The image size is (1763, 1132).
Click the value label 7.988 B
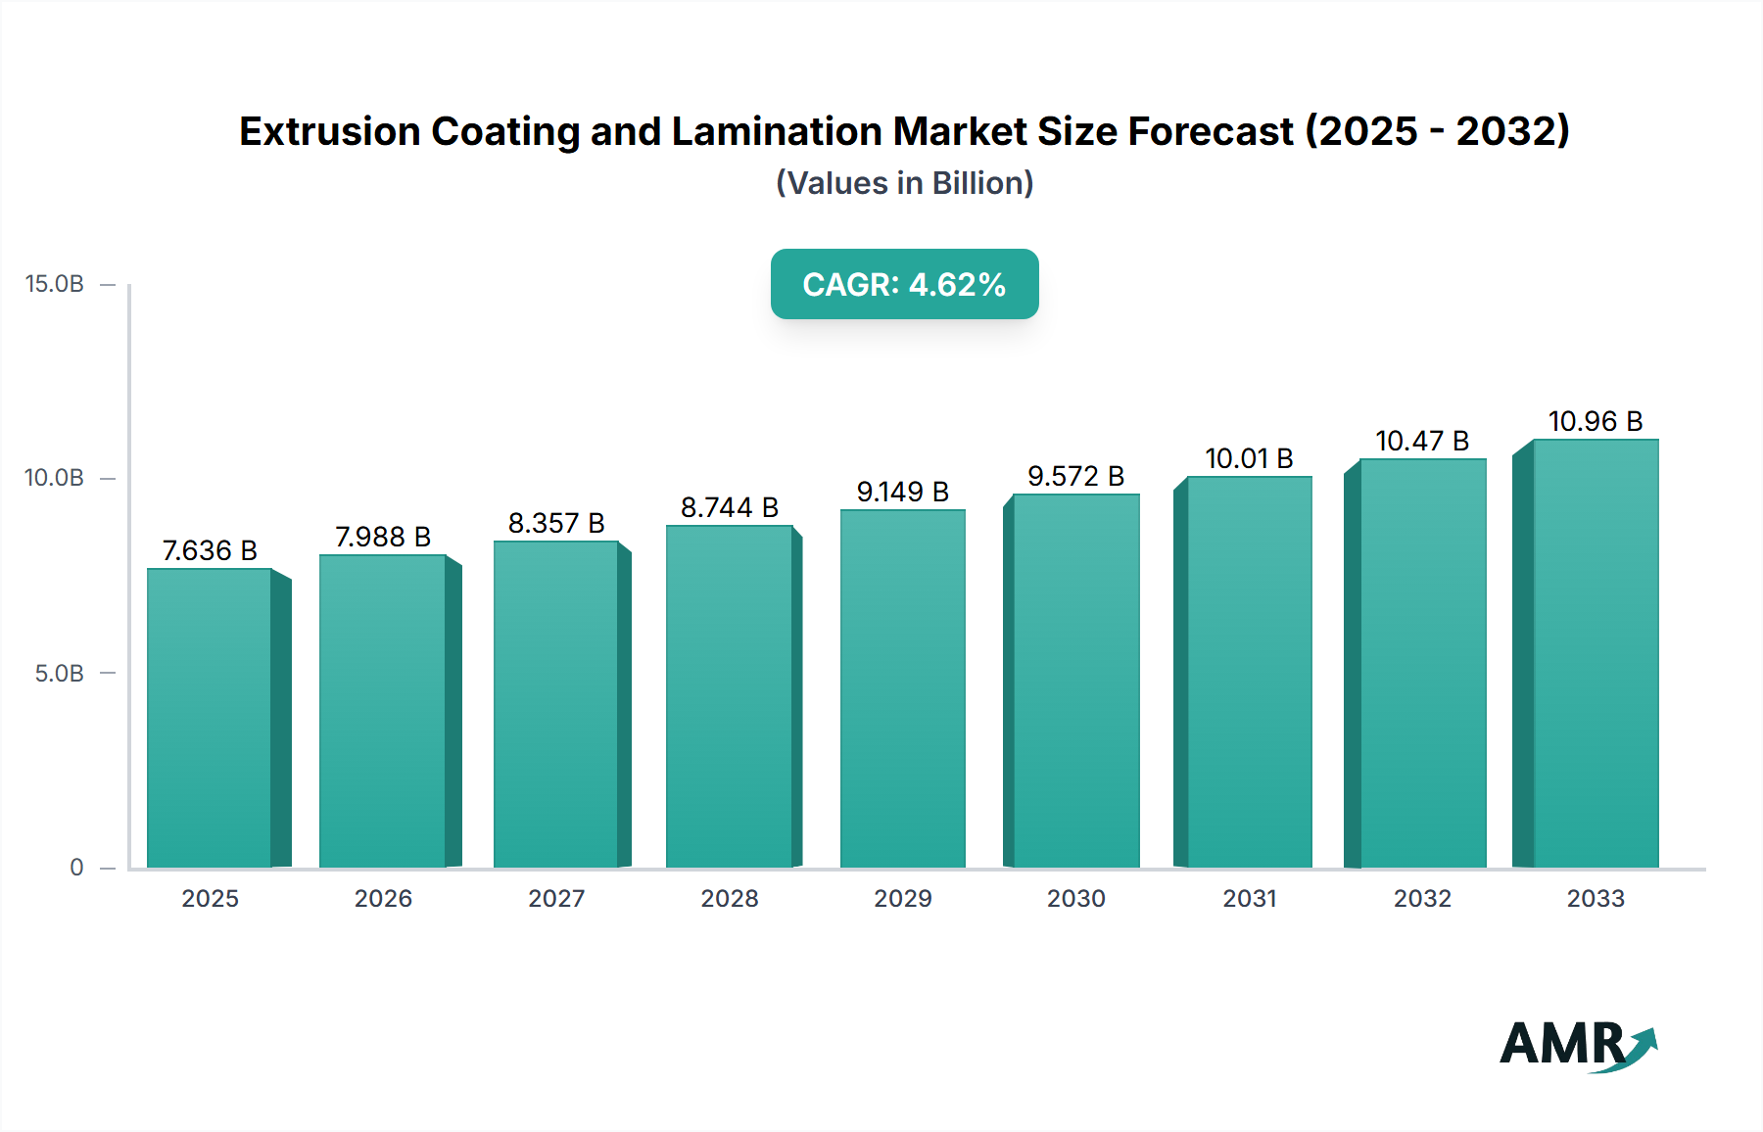pyautogui.click(x=383, y=537)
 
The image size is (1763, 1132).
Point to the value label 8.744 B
pyautogui.click(x=729, y=507)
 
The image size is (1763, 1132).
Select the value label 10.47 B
pyautogui.click(x=1422, y=441)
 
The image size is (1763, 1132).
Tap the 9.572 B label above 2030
pyautogui.click(x=1075, y=476)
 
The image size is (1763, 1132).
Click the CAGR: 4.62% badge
pyautogui.click(x=904, y=284)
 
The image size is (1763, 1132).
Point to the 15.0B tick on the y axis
pyautogui.click(x=55, y=284)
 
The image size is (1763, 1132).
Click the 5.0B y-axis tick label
pyautogui.click(x=60, y=674)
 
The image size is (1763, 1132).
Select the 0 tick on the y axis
pyautogui.click(x=76, y=868)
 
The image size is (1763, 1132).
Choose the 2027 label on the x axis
pyautogui.click(x=556, y=898)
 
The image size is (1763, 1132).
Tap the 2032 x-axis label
pyautogui.click(x=1422, y=898)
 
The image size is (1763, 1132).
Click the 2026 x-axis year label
pyautogui.click(x=383, y=898)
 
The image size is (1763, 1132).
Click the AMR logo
pyautogui.click(x=1577, y=1045)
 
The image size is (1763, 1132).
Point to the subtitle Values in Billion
pyautogui.click(x=904, y=183)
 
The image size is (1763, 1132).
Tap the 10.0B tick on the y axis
pyautogui.click(x=55, y=478)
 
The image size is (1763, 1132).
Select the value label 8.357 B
pyautogui.click(x=556, y=523)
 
